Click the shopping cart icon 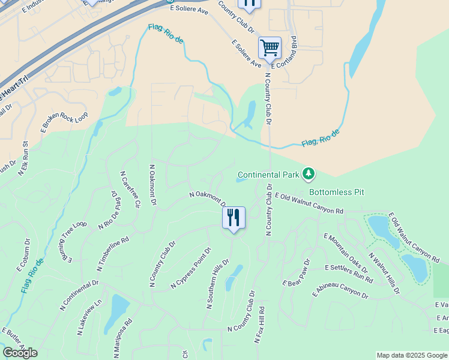pyautogui.click(x=270, y=47)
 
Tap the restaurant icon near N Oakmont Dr pyautogui.click(x=234, y=217)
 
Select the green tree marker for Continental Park pyautogui.click(x=309, y=174)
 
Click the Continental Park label pyautogui.click(x=268, y=175)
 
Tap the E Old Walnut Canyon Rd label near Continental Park pyautogui.click(x=309, y=203)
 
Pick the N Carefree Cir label pyautogui.click(x=131, y=188)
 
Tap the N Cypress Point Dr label pyautogui.click(x=191, y=268)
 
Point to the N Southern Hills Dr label pyautogui.click(x=218, y=284)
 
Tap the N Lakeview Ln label pyautogui.click(x=89, y=317)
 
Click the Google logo pyautogui.click(x=20, y=352)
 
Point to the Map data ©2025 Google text pyautogui.click(x=411, y=355)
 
